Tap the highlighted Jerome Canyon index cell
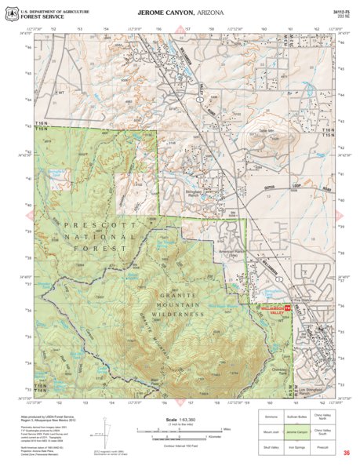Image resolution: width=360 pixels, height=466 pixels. pyautogui.click(x=295, y=431)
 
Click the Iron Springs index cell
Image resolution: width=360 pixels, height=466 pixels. pyautogui.click(x=295, y=451)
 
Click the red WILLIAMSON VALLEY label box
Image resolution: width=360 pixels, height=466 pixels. pyautogui.click(x=276, y=309)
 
